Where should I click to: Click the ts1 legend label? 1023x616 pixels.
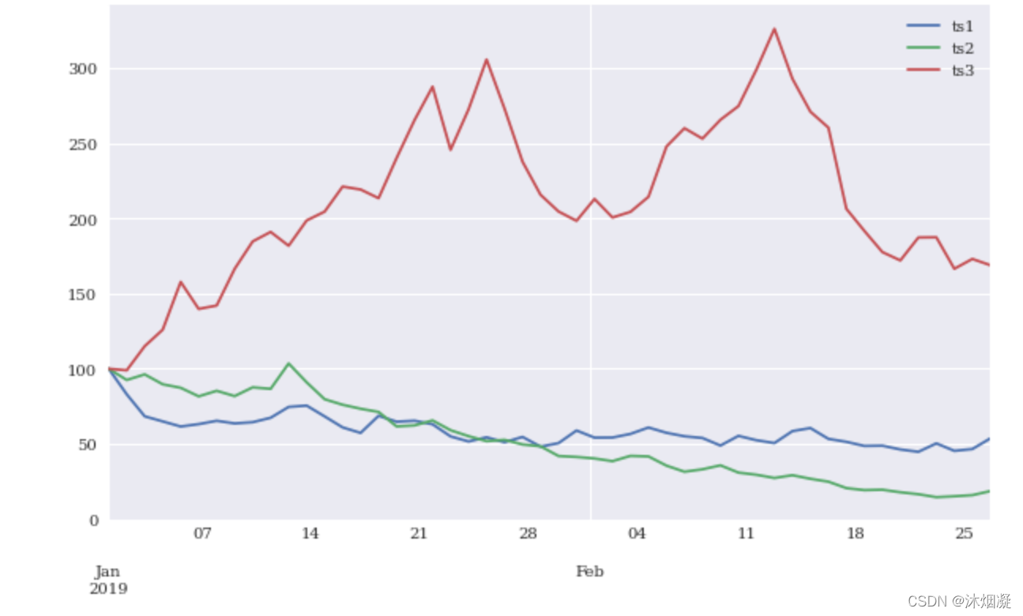[x=962, y=27]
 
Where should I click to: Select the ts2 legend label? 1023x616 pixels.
[x=963, y=48]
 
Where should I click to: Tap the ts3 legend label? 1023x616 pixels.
[x=963, y=70]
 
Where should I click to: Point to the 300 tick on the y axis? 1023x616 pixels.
[x=83, y=69]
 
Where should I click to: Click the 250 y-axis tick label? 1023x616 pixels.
[x=83, y=145]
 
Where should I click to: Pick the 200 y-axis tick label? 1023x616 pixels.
[x=83, y=220]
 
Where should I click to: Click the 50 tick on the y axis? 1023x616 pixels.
[x=87, y=445]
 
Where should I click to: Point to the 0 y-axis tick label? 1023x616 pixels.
[x=94, y=520]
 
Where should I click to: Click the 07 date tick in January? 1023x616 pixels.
[x=202, y=533]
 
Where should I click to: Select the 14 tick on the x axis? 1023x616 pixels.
[x=310, y=533]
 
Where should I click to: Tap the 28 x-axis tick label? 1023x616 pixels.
[x=528, y=533]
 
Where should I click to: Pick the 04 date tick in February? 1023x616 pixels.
[x=637, y=533]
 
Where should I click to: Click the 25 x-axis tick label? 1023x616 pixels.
[x=964, y=533]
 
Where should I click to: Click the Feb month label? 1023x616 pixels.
[x=589, y=571]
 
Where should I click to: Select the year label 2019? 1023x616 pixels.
[x=108, y=588]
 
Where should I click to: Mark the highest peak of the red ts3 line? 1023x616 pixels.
[x=774, y=28]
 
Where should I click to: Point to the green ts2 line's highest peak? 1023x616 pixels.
[x=288, y=363]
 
